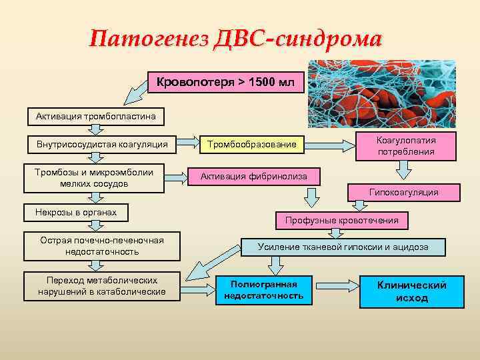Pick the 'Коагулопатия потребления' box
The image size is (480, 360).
[405, 146]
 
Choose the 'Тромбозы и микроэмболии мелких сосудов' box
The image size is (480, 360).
[94, 178]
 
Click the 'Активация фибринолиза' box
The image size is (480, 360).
[258, 177]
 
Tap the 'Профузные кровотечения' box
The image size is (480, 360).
[341, 220]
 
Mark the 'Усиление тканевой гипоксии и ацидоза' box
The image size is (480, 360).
[343, 247]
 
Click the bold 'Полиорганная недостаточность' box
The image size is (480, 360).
[263, 290]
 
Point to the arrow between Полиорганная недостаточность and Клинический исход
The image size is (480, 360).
[336, 290]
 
